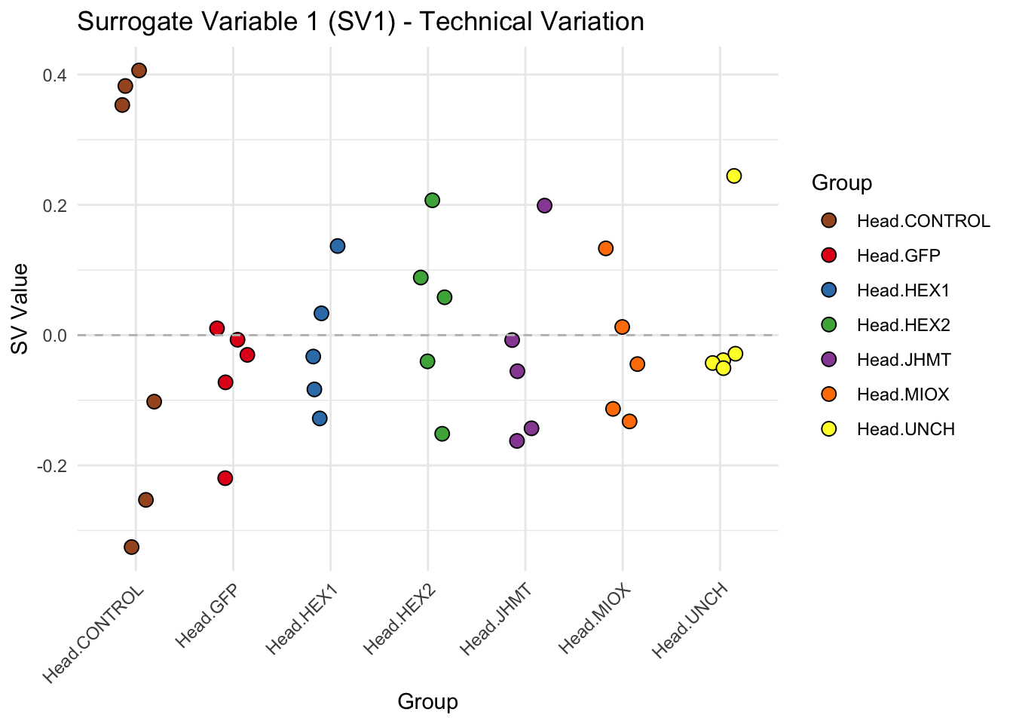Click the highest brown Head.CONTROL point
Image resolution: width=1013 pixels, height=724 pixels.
pyautogui.click(x=139, y=71)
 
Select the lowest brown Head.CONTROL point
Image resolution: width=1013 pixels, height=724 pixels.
pyautogui.click(x=131, y=547)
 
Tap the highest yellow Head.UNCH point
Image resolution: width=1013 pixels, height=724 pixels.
pyautogui.click(x=734, y=176)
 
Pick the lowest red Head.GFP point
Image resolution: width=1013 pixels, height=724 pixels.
pyautogui.click(x=225, y=478)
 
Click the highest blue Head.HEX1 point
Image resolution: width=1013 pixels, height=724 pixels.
pyautogui.click(x=338, y=246)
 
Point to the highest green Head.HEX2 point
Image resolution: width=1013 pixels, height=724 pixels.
pyautogui.click(x=432, y=201)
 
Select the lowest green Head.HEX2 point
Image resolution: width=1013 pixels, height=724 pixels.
pyautogui.click(x=442, y=434)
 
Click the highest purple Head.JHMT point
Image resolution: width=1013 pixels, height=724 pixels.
pyautogui.click(x=544, y=206)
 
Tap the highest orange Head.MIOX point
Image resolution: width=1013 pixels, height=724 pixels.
pyautogui.click(x=605, y=248)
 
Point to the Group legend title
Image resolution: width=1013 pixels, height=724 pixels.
pyautogui.click(x=842, y=183)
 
